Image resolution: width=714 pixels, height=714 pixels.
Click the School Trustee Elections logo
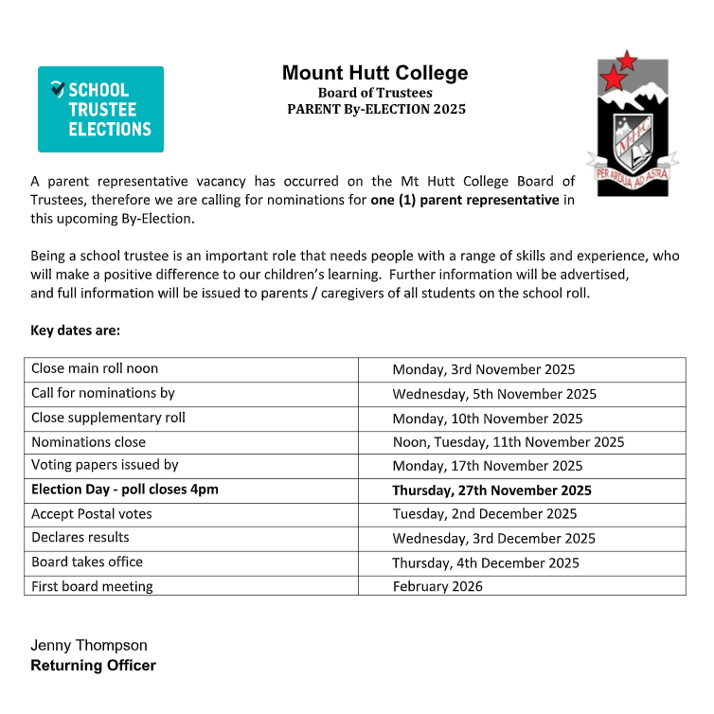(100, 109)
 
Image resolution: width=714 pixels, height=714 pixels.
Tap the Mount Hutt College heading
(375, 73)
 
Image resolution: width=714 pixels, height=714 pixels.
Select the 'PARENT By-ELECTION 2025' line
(376, 109)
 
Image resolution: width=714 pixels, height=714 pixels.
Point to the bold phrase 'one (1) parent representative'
(464, 200)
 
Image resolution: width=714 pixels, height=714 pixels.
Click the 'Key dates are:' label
(76, 330)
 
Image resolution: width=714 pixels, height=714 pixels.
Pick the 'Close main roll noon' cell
(95, 368)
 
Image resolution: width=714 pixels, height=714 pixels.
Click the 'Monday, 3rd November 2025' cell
(483, 369)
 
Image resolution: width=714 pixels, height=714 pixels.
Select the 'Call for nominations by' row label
(103, 393)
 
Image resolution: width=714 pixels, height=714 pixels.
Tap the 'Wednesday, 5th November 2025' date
(494, 394)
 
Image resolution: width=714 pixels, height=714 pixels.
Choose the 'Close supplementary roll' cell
(108, 418)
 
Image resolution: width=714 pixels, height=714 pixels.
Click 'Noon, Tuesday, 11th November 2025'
(508, 442)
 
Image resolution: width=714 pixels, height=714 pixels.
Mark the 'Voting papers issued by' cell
(105, 465)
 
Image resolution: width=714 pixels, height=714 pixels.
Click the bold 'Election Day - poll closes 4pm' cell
(131, 490)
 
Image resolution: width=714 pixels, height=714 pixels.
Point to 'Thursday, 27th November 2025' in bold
(491, 491)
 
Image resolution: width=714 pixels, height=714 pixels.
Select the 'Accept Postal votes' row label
(92, 514)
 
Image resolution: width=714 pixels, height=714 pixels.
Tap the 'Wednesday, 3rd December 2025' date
(493, 539)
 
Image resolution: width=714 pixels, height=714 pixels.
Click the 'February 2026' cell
(437, 586)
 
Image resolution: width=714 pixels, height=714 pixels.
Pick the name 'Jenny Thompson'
(89, 645)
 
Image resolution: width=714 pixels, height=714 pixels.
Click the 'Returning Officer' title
(93, 666)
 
